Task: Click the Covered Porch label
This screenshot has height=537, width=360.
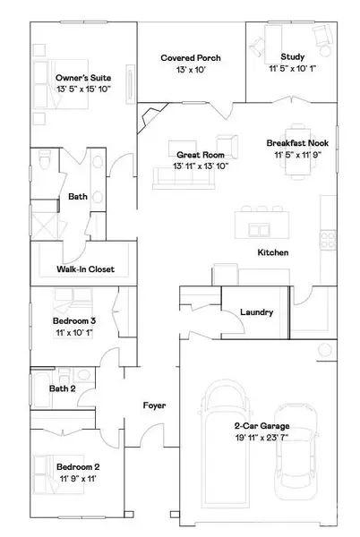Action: coord(191,58)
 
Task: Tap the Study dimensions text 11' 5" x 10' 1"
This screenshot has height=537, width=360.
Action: coord(292,69)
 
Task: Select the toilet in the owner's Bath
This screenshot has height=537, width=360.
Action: coord(45,159)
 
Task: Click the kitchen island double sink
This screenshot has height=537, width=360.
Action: coord(259,230)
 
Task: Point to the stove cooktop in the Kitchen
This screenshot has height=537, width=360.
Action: coord(328,240)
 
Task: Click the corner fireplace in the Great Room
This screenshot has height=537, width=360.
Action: coord(150,116)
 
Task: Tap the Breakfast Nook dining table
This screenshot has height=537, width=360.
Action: coord(297,151)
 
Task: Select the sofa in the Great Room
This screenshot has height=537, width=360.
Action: coord(184,178)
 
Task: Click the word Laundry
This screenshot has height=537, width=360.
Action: coord(256,312)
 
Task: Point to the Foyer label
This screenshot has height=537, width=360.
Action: coord(154,405)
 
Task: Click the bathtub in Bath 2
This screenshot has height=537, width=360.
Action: coord(42,389)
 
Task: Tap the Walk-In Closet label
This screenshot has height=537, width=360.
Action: coord(86,269)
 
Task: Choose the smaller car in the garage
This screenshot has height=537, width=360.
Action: coord(296,452)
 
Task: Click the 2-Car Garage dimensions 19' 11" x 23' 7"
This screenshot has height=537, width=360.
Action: coord(261,438)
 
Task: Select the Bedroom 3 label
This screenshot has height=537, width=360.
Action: coord(74,321)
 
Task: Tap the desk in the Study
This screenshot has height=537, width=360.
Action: coord(273,45)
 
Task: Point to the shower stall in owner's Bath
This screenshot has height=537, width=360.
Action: coord(45,225)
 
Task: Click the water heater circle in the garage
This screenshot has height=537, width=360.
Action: coord(325,350)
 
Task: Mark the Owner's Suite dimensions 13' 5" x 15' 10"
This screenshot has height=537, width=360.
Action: coord(83,89)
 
